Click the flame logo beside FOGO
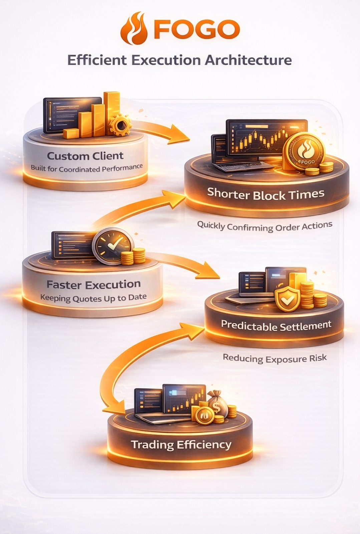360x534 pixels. (x=134, y=29)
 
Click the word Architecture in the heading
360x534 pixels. (x=248, y=60)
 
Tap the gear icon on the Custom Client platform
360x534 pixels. (x=120, y=125)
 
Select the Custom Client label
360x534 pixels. (x=85, y=156)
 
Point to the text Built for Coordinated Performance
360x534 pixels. (x=87, y=168)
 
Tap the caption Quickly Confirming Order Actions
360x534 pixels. (x=265, y=226)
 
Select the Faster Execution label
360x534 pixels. (x=93, y=285)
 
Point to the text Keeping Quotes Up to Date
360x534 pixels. (x=93, y=297)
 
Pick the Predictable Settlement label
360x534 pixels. (x=276, y=325)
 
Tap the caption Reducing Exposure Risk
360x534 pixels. (x=275, y=358)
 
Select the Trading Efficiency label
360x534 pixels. (x=181, y=445)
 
